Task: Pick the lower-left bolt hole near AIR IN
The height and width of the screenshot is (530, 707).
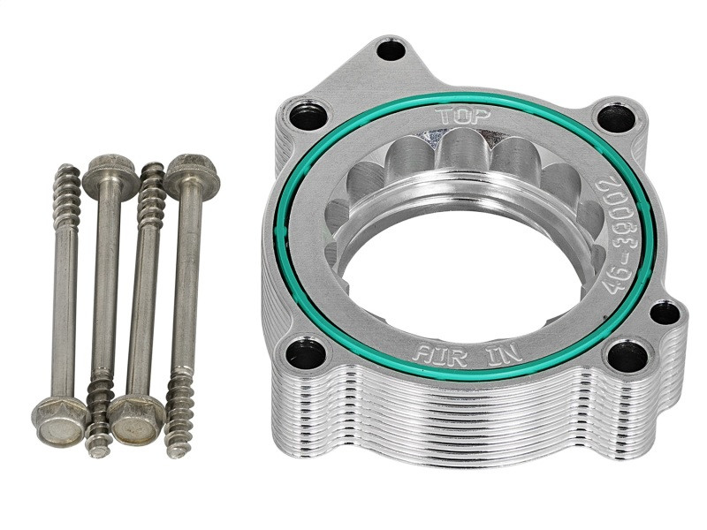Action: (x=307, y=353)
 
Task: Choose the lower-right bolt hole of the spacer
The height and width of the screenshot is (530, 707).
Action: (x=627, y=356)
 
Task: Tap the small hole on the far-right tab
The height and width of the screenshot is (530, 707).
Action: (x=664, y=312)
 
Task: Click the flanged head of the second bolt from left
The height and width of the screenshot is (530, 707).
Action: (x=110, y=175)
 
